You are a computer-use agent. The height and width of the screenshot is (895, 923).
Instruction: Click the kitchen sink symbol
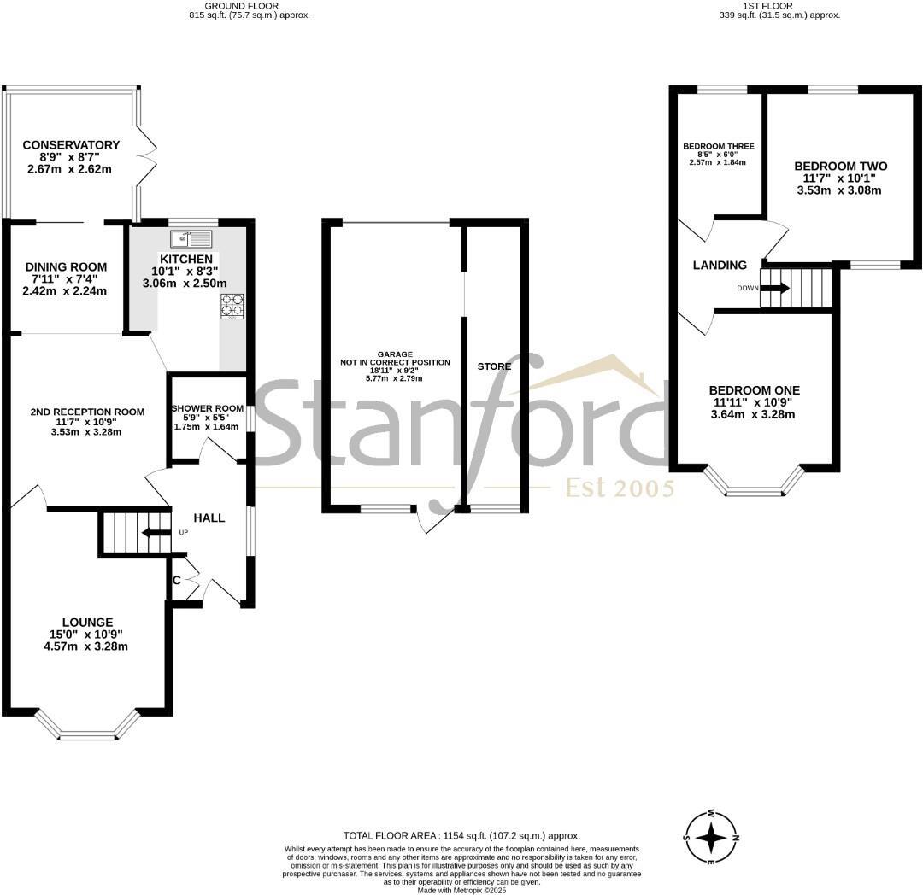pos(191,238)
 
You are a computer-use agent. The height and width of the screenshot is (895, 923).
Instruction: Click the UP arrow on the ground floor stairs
pos(154,533)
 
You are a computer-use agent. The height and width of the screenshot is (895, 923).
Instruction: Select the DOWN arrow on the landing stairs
pos(775,288)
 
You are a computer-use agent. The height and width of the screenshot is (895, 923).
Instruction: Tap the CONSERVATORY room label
pos(71,145)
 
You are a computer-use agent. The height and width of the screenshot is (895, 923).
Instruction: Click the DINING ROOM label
pos(65,267)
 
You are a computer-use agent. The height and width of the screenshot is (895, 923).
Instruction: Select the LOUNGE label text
pos(86,622)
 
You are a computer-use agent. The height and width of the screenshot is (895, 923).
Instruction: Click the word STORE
pos(494,366)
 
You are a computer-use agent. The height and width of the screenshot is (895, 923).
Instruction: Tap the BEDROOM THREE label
pos(718,146)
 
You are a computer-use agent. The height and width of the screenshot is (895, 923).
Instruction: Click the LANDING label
pos(719,266)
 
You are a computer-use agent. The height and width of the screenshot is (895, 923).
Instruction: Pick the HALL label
pos(209,518)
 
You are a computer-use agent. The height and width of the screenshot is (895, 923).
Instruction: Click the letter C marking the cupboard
pos(176,581)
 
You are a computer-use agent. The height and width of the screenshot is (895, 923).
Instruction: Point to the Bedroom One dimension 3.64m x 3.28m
pos(755,415)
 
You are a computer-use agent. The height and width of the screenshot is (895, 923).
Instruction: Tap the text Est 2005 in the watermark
pos(620,488)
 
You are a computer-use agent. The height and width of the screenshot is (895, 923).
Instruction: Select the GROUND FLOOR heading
pos(250,5)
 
